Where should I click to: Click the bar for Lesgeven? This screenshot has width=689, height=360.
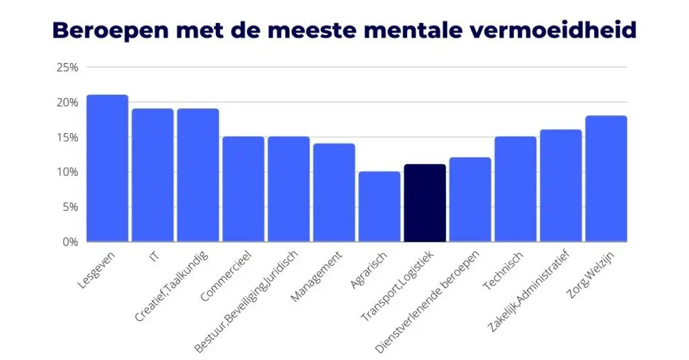(x=108, y=168)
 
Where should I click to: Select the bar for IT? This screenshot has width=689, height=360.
(x=153, y=175)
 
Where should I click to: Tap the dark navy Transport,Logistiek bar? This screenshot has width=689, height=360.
(x=425, y=203)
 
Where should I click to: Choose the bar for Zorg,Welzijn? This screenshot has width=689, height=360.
(x=606, y=178)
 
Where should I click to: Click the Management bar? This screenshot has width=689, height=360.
(x=334, y=192)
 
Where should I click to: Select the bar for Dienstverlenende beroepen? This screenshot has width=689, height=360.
(x=470, y=199)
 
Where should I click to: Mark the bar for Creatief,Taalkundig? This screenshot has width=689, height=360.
(x=198, y=175)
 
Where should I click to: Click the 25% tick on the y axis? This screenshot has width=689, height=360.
(x=68, y=67)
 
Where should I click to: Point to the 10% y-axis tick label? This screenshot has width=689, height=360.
(x=68, y=172)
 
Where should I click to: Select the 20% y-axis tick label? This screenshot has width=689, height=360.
(x=68, y=102)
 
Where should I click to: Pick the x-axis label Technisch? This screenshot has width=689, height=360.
(x=499, y=270)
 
